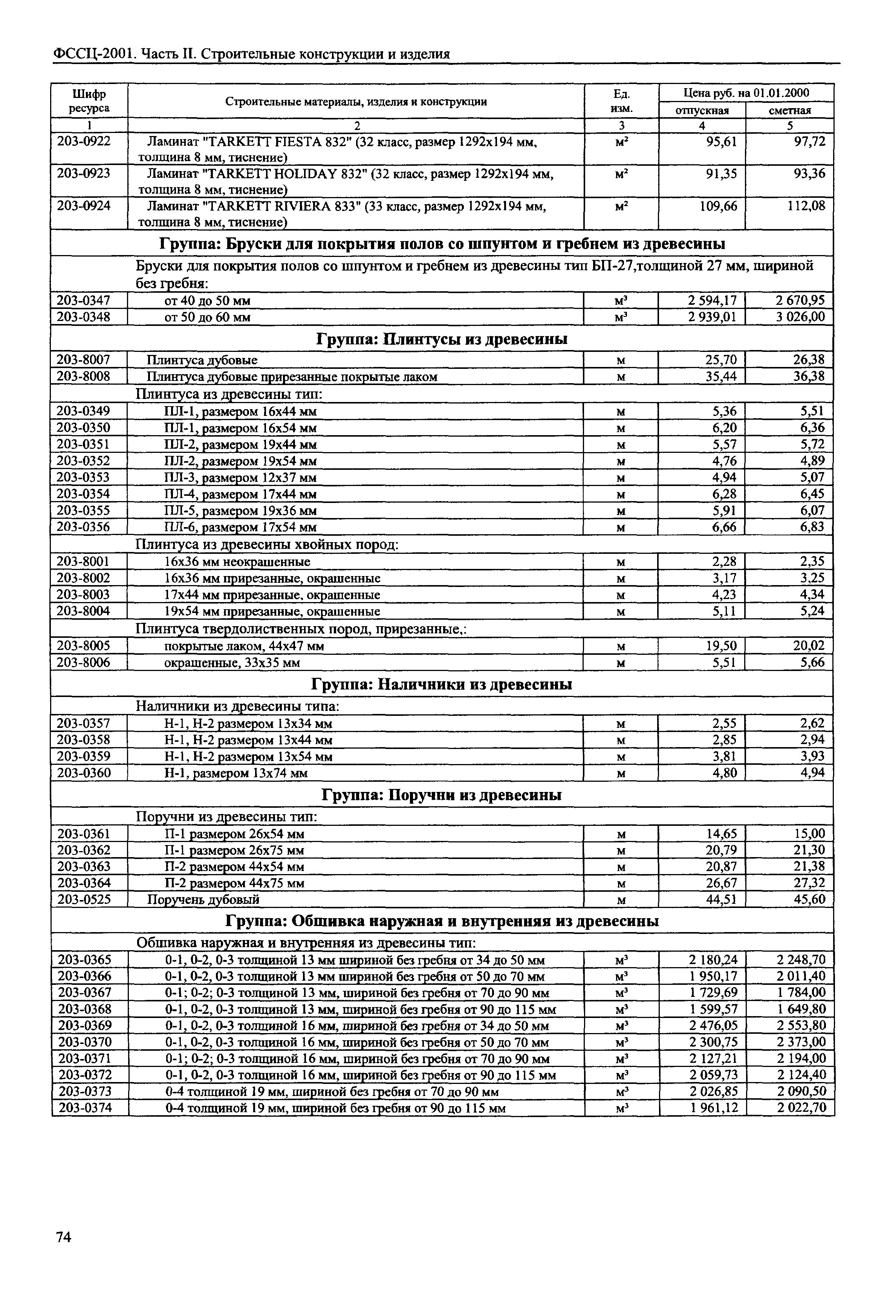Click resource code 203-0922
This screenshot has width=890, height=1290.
coord(84,142)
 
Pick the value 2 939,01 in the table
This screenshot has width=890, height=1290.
coord(712,317)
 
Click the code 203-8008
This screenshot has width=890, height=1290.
coord(84,376)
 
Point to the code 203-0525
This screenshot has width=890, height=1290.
coord(84,899)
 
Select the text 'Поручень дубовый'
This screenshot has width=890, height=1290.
coord(203,900)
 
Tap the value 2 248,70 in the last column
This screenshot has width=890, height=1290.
coord(801,960)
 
